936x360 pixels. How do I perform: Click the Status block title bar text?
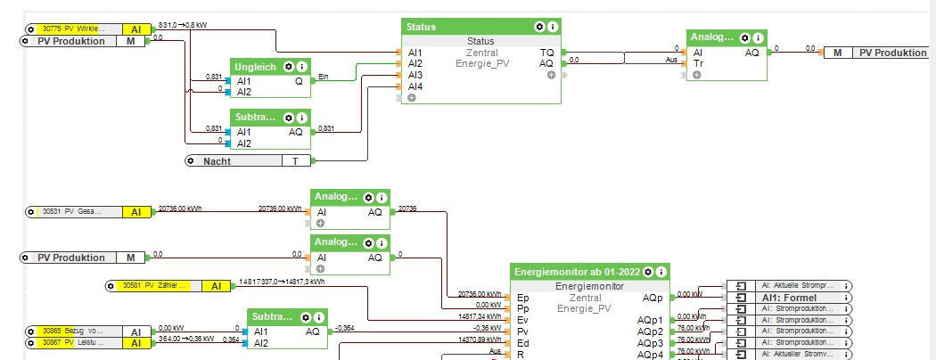[x=422, y=27]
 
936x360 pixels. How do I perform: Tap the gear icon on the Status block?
[x=540, y=27]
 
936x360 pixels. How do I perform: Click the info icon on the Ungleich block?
[x=302, y=67]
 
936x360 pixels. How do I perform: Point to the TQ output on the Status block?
[x=546, y=53]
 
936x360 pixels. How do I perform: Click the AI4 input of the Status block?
[x=415, y=86]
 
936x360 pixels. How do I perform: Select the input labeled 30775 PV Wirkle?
[x=78, y=29]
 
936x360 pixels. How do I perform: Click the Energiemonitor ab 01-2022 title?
[x=577, y=271]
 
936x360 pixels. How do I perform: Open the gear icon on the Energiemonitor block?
[x=650, y=271]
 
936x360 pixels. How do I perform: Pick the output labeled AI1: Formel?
[x=789, y=297]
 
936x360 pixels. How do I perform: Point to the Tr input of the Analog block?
[x=698, y=64]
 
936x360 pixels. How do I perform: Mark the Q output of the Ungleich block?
[x=299, y=80]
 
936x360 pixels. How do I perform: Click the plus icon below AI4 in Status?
[x=412, y=98]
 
